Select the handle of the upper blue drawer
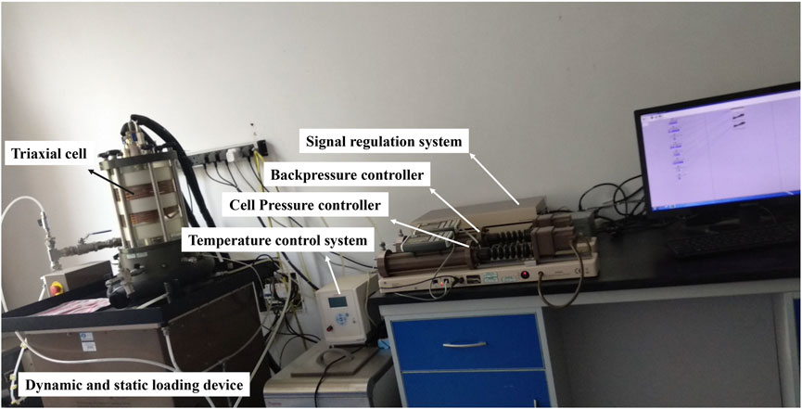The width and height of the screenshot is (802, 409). [464, 344]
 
